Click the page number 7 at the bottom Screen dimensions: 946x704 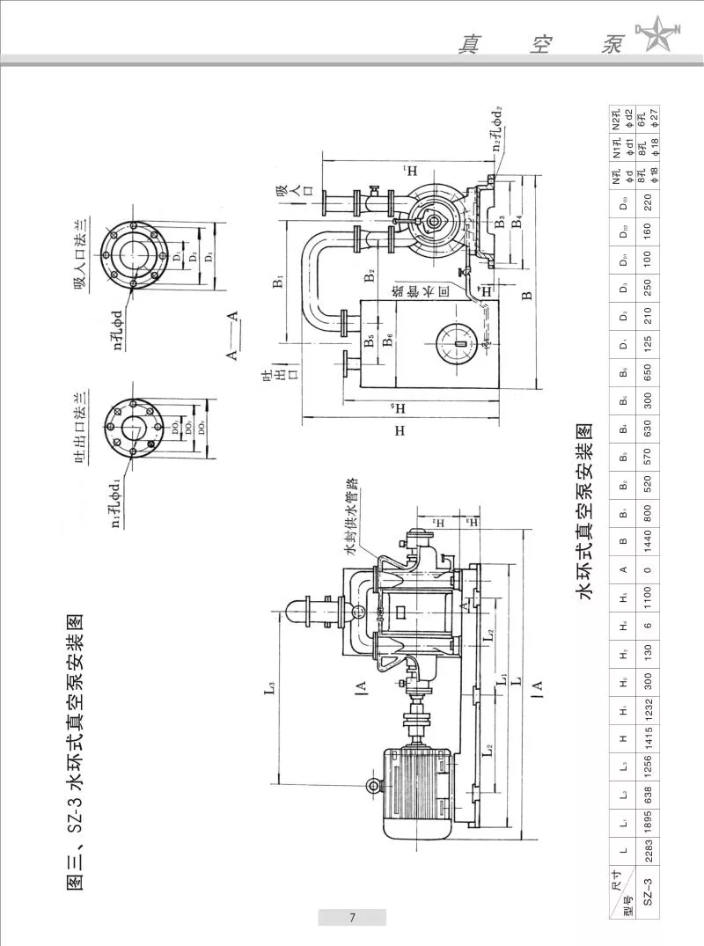click(x=351, y=918)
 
